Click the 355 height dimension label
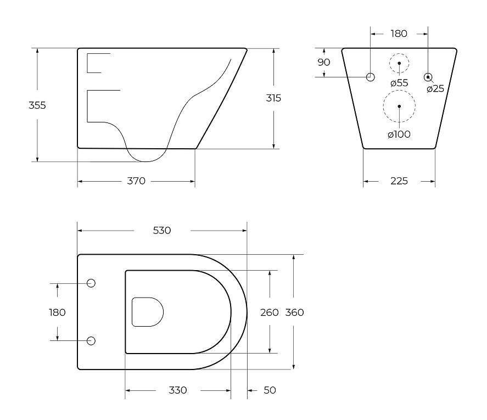[x=37, y=105]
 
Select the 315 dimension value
[x=273, y=98]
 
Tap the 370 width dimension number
[x=136, y=181]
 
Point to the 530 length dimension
[x=162, y=231]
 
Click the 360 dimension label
[x=294, y=312]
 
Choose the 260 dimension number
[x=269, y=312]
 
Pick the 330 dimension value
[x=178, y=390]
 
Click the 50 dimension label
[x=270, y=390]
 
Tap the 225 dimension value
[x=399, y=181]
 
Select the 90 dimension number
[x=323, y=63]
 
